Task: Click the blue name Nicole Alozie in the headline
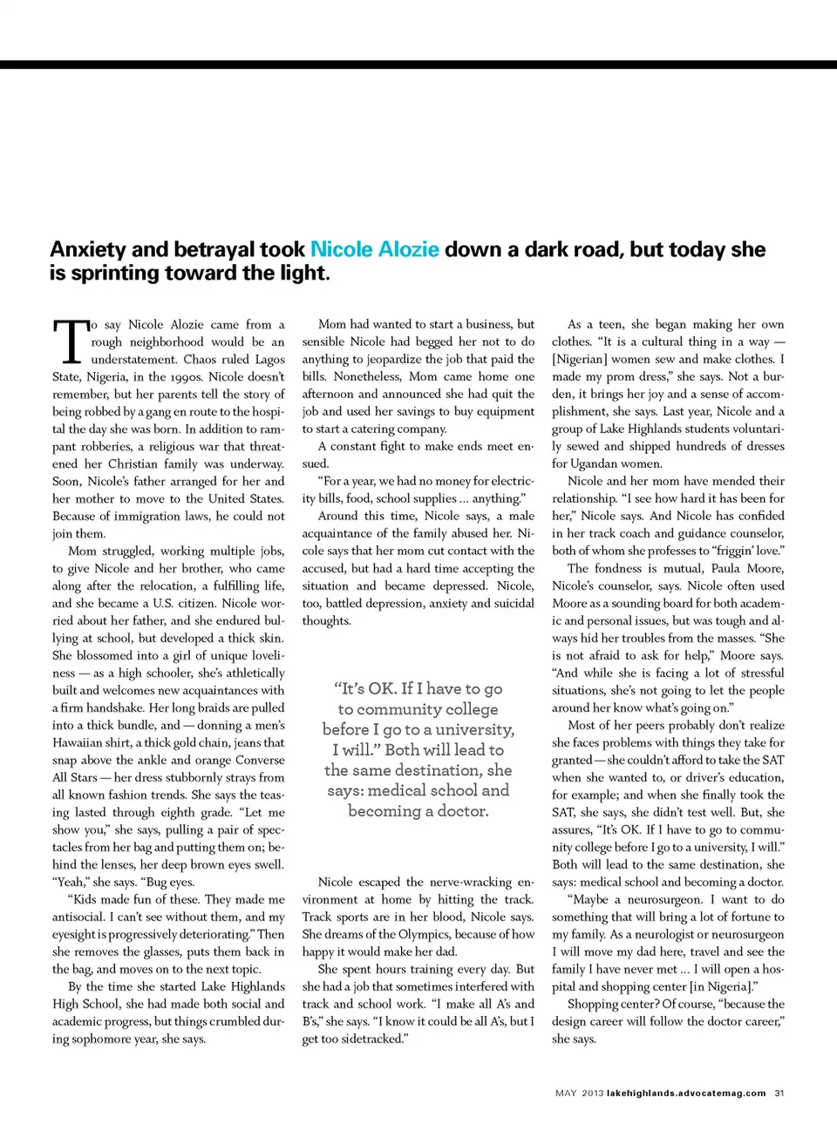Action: coord(374,250)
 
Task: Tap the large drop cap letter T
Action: coord(70,341)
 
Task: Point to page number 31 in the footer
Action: coord(779,1093)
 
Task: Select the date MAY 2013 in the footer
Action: coord(579,1093)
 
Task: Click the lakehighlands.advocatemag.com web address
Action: coord(686,1093)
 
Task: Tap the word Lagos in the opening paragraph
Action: coord(269,359)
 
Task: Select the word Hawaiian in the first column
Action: coord(78,742)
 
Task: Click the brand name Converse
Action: coord(261,760)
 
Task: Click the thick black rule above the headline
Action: coord(418,64)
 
